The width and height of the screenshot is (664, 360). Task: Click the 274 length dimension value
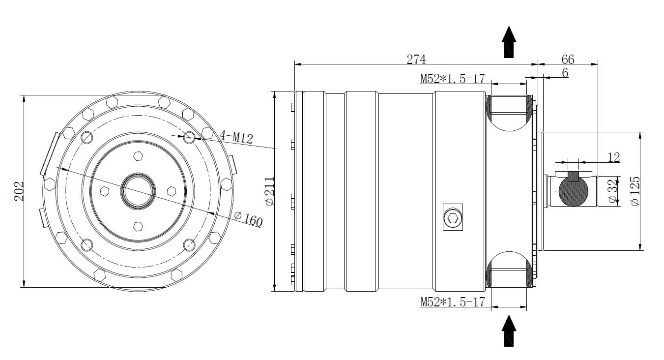[x=416, y=59]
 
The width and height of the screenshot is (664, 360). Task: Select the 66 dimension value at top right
[x=568, y=60]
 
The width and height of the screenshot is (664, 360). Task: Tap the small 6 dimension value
[x=565, y=73]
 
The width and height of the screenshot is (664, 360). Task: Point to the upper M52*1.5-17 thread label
[x=452, y=79]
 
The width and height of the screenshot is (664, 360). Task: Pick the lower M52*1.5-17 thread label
[x=452, y=301]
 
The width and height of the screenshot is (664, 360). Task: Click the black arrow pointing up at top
[x=509, y=42]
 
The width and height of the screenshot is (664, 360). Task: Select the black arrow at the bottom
[x=509, y=330]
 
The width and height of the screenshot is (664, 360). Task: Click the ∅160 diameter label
[x=248, y=219]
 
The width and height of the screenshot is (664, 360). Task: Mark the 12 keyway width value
[x=613, y=157]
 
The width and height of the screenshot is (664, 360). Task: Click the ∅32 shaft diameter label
[x=612, y=192]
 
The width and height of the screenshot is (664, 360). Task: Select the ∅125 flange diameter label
[x=635, y=191]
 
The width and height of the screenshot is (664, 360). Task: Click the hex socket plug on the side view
[x=453, y=217]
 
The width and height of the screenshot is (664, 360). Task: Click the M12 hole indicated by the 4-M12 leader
[x=190, y=137]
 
